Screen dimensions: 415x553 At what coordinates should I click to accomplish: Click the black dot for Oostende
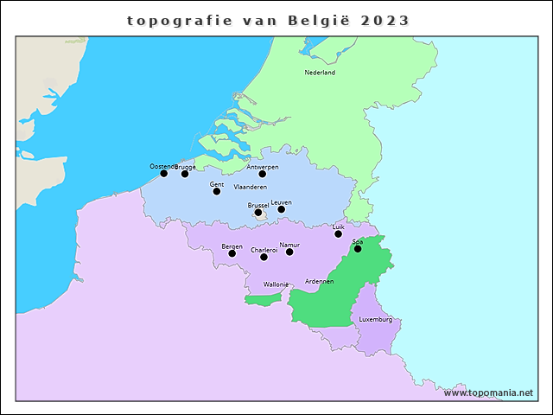click(164, 173)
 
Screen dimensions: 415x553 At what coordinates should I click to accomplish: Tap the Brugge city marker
click(185, 174)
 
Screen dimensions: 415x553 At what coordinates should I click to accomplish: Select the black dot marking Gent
click(217, 191)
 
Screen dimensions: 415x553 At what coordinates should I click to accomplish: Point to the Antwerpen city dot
click(263, 174)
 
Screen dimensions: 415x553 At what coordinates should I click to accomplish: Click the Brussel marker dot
click(258, 212)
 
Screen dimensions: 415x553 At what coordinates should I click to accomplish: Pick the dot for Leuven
click(282, 209)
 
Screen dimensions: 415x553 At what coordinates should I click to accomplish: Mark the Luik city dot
click(339, 233)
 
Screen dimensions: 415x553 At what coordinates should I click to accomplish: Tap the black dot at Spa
click(358, 249)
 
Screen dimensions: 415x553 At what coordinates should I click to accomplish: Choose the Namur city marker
click(289, 252)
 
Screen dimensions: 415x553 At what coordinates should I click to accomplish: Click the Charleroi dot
click(264, 257)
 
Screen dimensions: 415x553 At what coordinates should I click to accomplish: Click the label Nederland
click(320, 73)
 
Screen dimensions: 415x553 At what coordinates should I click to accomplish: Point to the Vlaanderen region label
click(251, 187)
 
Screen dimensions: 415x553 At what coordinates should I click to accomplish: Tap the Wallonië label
click(276, 284)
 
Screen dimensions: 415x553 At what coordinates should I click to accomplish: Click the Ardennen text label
click(320, 282)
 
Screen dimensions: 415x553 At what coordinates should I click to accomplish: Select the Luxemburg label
click(376, 319)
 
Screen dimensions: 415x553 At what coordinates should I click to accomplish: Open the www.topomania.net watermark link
click(489, 393)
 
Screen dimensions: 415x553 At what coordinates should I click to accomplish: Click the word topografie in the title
click(180, 20)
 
